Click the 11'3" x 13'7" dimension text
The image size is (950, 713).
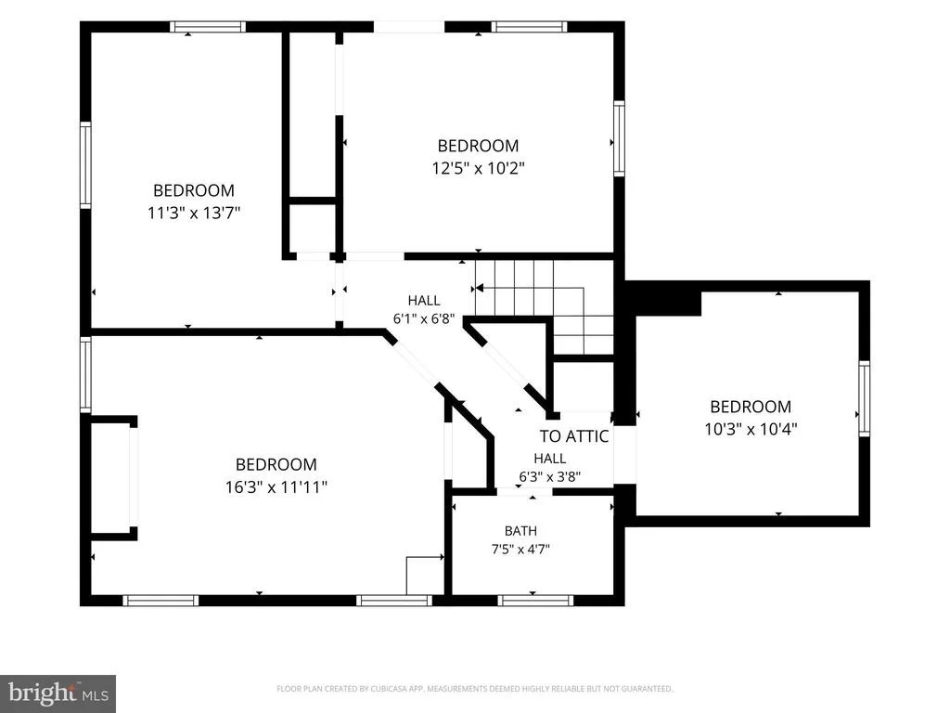point(194,213)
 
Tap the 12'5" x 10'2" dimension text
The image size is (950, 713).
point(478,167)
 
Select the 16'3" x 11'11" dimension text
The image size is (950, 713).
point(276,486)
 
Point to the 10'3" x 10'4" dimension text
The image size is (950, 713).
point(751,429)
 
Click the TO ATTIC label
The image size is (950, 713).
point(573,436)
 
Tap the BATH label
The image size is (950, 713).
point(520,531)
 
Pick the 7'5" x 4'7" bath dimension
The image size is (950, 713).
point(520,550)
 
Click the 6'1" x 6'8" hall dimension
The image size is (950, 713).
point(424,319)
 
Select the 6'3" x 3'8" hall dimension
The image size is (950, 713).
point(549,476)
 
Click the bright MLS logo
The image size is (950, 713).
point(58,693)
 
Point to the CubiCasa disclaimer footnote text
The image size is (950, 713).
point(474,689)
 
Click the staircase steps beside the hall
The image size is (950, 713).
point(544,306)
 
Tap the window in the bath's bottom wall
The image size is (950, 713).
point(535,601)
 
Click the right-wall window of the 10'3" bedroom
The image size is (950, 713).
point(864,398)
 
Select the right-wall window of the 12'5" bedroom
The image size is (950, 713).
point(619,138)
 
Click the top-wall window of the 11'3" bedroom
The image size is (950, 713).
point(208,27)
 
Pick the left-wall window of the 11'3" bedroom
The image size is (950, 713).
point(85,165)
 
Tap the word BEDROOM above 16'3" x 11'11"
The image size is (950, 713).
point(276,464)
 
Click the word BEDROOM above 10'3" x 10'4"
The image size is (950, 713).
point(751,407)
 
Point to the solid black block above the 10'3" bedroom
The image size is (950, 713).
point(663,299)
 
